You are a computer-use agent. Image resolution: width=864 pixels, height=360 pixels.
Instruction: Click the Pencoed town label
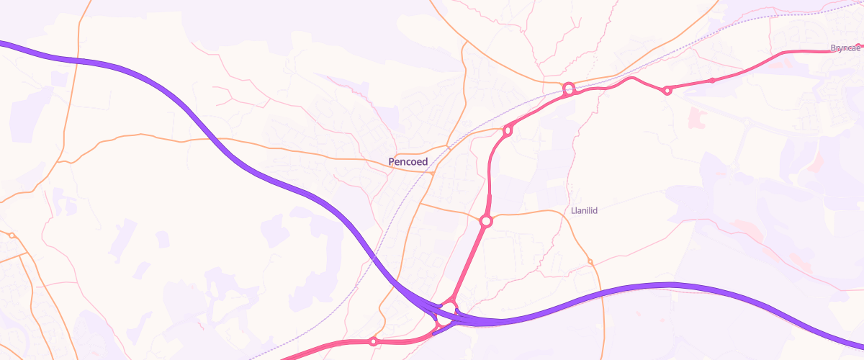[x=408, y=162]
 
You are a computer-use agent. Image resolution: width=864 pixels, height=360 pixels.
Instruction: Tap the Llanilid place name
[x=585, y=211]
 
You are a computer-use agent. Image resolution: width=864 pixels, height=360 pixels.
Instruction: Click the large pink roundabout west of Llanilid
[x=486, y=221]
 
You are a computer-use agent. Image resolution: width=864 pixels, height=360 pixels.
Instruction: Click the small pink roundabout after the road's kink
[x=667, y=90]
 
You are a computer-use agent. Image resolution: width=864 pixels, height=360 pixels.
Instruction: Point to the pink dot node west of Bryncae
[x=712, y=80]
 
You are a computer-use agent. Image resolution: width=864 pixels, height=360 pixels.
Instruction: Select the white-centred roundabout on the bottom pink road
[x=373, y=341]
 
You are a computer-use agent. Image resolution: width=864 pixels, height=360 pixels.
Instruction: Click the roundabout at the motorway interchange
[x=447, y=312]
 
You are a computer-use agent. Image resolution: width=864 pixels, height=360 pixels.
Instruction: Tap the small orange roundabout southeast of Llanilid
[x=590, y=261]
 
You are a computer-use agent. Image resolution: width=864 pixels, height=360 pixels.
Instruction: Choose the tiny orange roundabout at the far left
[x=12, y=235]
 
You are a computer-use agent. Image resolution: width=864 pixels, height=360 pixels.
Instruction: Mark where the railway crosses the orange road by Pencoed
[x=447, y=147]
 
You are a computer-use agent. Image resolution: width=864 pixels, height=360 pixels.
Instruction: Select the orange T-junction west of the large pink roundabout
[x=420, y=204]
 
